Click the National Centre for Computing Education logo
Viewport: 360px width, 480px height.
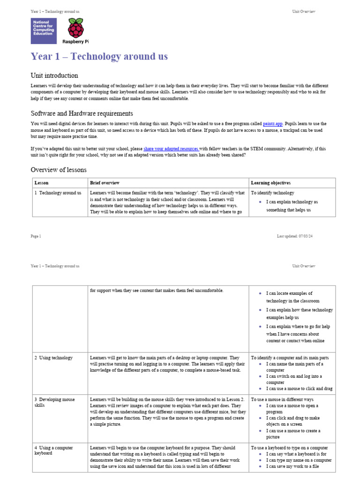tap(44, 31)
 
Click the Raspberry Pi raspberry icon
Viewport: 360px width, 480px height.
tap(75, 28)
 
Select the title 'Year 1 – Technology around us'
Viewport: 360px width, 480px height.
tap(99, 57)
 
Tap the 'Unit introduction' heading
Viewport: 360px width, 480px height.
tap(54, 75)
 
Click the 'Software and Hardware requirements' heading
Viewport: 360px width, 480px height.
tap(82, 113)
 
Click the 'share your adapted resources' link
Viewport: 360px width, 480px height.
tap(171, 149)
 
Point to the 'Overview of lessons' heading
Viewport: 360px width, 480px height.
tap(59, 170)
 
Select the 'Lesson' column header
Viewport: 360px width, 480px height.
tap(41, 183)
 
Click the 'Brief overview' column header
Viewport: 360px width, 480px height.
tap(105, 183)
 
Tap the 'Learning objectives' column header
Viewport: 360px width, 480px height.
tap(270, 183)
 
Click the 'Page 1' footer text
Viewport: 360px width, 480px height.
tap(36, 236)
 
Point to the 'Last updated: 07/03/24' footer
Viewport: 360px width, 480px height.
tap(294, 236)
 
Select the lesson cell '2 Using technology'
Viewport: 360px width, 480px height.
tap(53, 358)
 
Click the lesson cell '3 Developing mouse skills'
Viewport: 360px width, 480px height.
tap(54, 402)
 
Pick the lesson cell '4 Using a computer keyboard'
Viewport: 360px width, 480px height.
tap(53, 450)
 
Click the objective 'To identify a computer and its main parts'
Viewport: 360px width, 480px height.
tap(293, 358)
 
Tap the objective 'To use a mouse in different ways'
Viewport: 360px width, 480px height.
tap(282, 399)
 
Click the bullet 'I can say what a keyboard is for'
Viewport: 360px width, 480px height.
tap(296, 454)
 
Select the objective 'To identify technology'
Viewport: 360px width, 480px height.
tap(272, 193)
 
